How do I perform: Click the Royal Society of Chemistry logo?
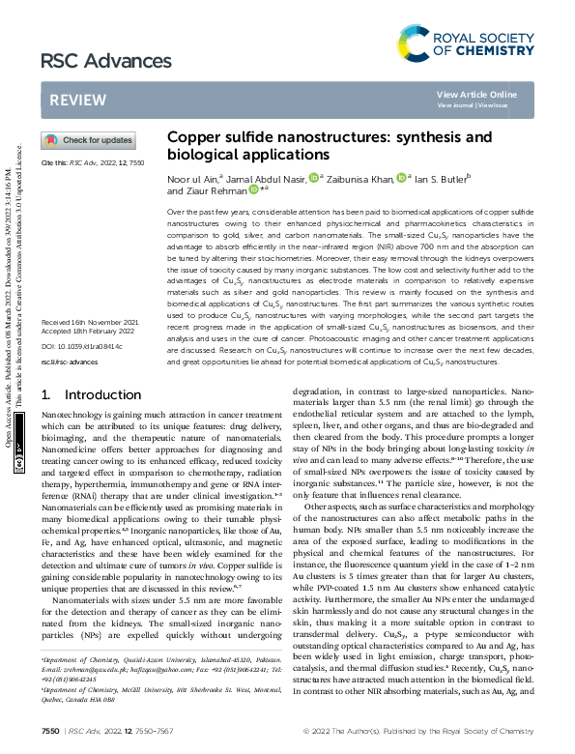pyautogui.click(x=465, y=42)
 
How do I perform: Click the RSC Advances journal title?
pyautogui.click(x=92, y=61)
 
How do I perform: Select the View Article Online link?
pyautogui.click(x=476, y=94)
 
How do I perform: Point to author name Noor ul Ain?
pyautogui.click(x=193, y=178)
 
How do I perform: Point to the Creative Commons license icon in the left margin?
pyautogui.click(x=20, y=465)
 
